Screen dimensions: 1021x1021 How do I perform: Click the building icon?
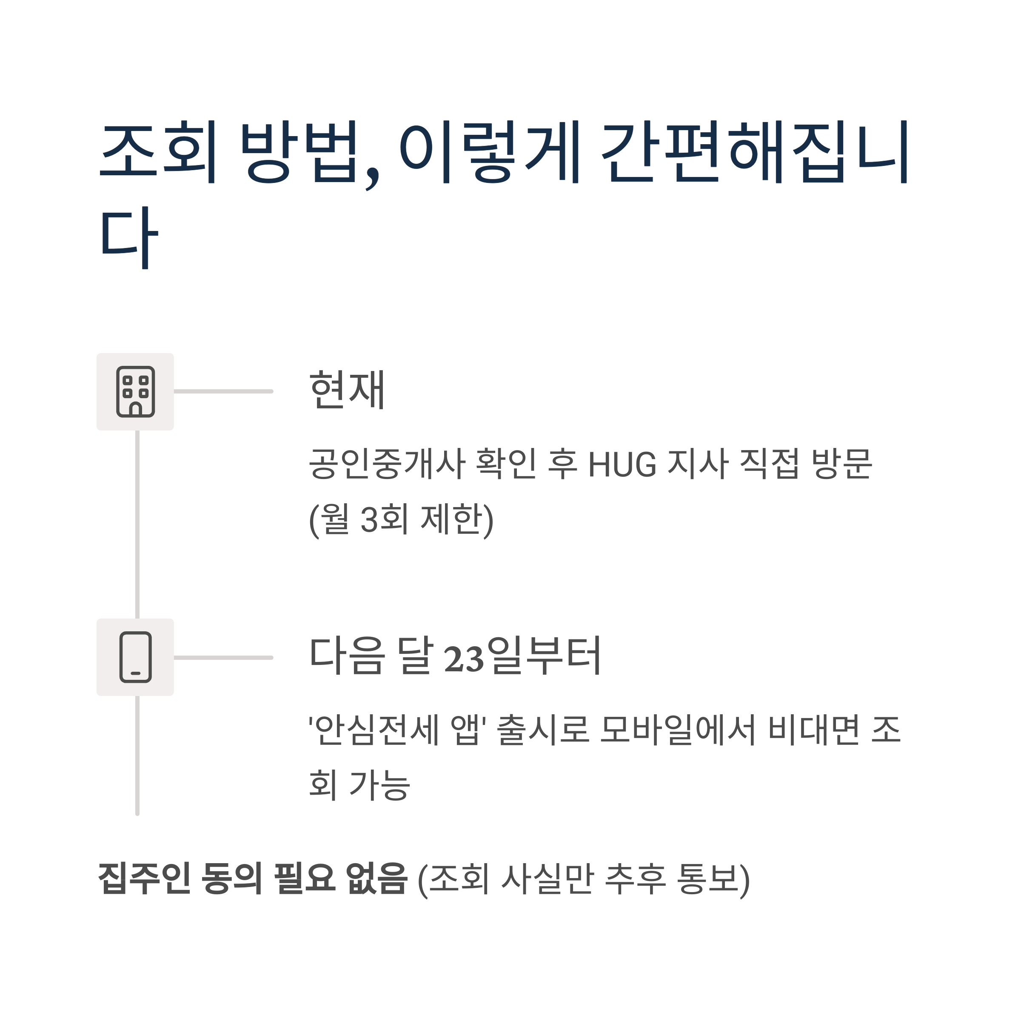135,391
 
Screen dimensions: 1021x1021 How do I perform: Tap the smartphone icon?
135,657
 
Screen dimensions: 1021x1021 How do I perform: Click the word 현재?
347,390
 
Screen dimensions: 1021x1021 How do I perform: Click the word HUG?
622,465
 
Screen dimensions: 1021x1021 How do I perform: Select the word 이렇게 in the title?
490,152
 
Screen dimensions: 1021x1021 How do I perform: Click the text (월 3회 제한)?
401,519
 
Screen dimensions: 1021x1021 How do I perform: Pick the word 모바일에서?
678,730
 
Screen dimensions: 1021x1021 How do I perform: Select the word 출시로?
543,730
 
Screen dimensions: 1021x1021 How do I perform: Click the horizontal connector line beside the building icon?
223,391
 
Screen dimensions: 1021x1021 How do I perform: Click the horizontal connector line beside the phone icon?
223,657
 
